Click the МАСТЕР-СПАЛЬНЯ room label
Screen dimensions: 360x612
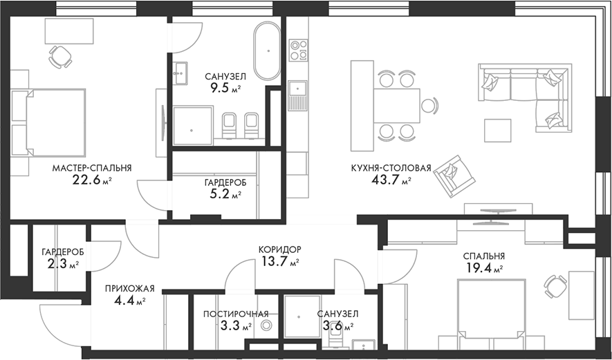(92, 167)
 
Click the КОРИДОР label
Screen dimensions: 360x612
(280, 249)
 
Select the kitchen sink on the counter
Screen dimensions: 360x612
(298, 88)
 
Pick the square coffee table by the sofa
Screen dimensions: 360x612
(497, 131)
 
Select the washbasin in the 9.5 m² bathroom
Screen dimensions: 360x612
(180, 71)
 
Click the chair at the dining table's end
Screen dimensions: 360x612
(430, 106)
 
